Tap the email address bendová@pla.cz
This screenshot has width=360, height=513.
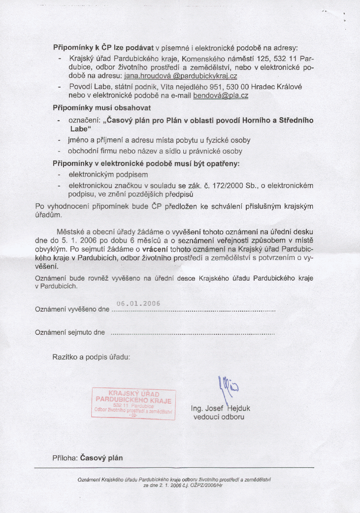tap(221, 96)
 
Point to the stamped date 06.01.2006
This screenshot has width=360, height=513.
tap(138, 303)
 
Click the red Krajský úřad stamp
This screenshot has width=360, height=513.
tap(133, 403)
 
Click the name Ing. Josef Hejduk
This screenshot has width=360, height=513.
tap(221, 409)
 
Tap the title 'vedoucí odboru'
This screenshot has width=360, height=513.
tap(219, 417)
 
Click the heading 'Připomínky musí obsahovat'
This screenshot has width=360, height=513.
tap(102, 107)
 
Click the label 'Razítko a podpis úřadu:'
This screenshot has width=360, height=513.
tap(91, 356)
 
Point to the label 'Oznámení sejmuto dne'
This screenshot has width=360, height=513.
tap(70, 333)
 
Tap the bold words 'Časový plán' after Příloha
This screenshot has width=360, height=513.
tap(101, 457)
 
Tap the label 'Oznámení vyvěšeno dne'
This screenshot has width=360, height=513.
tap(72, 310)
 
